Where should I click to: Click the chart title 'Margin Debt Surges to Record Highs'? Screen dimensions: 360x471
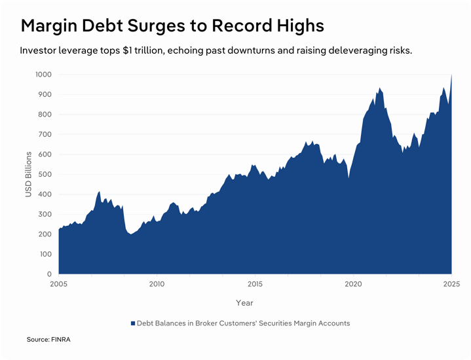pos(172,26)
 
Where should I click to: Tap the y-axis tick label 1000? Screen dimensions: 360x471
pos(43,75)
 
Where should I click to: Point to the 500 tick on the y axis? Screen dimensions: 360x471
pos(45,174)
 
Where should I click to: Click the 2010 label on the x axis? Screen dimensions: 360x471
pos(157,284)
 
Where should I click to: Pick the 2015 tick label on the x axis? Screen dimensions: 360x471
pos(255,284)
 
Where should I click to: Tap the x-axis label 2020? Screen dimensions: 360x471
pos(353,284)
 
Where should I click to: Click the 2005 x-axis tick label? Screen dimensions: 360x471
pos(58,284)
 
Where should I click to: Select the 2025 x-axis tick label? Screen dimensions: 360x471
pos(451,284)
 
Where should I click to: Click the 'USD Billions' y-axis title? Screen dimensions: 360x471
pos(29,174)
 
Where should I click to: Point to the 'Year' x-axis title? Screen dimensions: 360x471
pos(244,302)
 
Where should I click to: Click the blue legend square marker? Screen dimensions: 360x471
pos(132,323)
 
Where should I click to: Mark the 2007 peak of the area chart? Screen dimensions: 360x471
pos(99,192)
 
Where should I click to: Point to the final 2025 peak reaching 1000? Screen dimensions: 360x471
pos(451,76)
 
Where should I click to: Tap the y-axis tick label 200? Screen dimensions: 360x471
pos(45,234)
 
